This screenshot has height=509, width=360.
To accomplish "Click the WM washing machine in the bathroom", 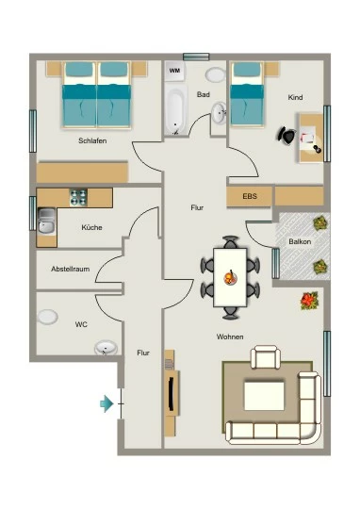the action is click(x=174, y=71).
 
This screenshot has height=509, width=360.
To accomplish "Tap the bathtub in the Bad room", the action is click(x=175, y=109).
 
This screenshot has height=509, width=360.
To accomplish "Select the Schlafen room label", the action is click(x=92, y=140).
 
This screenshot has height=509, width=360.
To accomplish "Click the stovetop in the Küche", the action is click(x=78, y=197).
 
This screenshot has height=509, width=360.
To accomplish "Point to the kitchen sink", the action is click(x=46, y=221).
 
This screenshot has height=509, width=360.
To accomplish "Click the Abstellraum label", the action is click(x=70, y=269).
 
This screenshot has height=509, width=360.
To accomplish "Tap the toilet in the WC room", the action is click(x=47, y=317).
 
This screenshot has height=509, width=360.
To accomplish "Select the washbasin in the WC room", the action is click(x=106, y=348).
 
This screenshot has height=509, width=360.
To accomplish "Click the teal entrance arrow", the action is click(x=106, y=403).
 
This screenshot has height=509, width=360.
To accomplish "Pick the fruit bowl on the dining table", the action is click(x=230, y=278).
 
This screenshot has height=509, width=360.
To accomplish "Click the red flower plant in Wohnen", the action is click(x=309, y=301).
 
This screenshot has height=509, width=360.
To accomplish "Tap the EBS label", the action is click(x=250, y=196).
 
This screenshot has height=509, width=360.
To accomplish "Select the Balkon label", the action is click(x=300, y=242).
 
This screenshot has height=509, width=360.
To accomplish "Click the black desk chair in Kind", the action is click(x=286, y=135).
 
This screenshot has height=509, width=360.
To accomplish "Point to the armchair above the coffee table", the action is click(x=266, y=357).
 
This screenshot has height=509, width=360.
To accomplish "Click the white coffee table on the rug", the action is click(x=264, y=396).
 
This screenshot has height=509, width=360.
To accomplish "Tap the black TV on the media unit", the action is click(x=171, y=393).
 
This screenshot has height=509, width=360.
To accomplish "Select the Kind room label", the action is click(x=295, y=97).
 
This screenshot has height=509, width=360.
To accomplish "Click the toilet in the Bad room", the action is click(x=215, y=74).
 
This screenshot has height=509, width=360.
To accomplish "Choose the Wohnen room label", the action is click(x=230, y=337).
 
